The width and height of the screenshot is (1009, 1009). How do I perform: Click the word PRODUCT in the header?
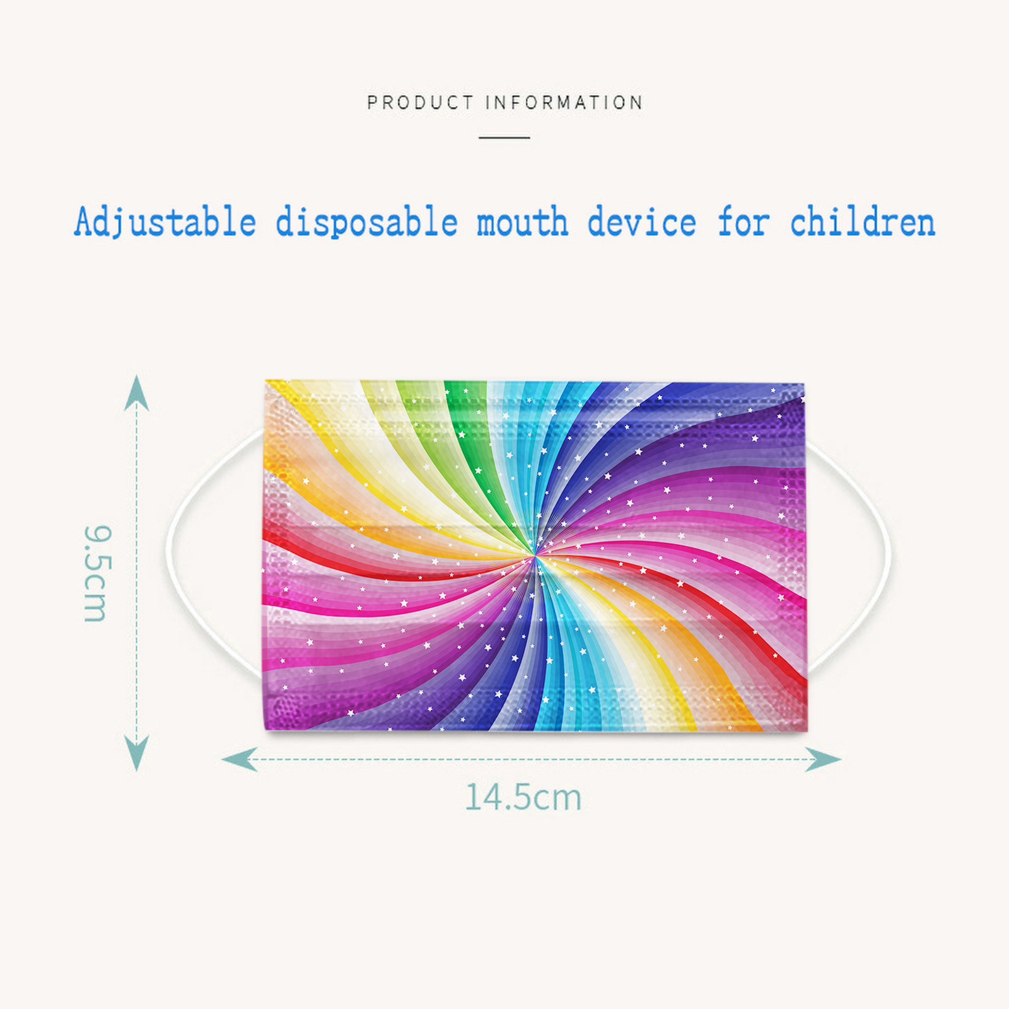coord(420,102)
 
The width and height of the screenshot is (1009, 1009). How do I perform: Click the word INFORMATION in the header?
coord(564,102)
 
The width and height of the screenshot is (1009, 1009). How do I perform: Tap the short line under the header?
coord(504,137)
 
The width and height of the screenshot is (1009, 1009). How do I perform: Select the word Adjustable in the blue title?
coord(165,223)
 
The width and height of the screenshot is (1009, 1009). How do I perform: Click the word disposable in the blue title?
coord(366,221)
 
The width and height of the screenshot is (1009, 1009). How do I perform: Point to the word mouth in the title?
coord(522,223)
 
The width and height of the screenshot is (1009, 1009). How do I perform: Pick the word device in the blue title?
coord(642,221)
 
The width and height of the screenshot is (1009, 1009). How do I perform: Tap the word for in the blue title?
coord(744,221)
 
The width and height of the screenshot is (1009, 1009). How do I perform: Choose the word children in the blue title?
coord(863,221)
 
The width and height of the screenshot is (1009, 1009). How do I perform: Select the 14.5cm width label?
coord(523,796)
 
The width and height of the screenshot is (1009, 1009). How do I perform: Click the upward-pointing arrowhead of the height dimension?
coord(136,393)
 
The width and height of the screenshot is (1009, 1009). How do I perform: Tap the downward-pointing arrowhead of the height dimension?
coord(136,753)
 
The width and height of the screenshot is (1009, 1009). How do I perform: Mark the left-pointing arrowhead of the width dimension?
coord(240,759)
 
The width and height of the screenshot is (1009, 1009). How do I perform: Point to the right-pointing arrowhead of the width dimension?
coord(823,759)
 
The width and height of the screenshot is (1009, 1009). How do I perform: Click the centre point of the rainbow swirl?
coord(535,556)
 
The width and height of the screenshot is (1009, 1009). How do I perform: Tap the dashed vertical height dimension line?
coord(136,573)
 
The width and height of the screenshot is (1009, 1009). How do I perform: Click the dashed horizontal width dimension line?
coord(531,759)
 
